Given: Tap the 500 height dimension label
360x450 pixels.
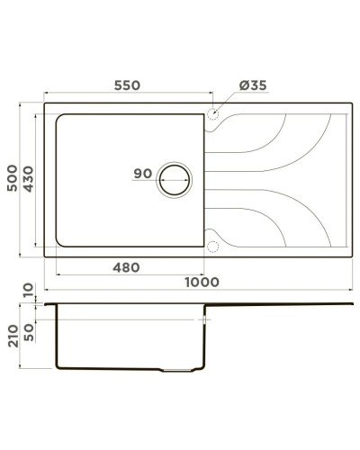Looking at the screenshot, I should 13,180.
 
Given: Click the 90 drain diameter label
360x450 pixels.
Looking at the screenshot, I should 142,174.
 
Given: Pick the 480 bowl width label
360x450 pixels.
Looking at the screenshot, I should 128,267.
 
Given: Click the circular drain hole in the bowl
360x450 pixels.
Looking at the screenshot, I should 175,179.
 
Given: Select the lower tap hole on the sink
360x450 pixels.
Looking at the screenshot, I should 213,243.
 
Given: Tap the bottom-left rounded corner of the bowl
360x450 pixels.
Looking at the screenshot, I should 61,245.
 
